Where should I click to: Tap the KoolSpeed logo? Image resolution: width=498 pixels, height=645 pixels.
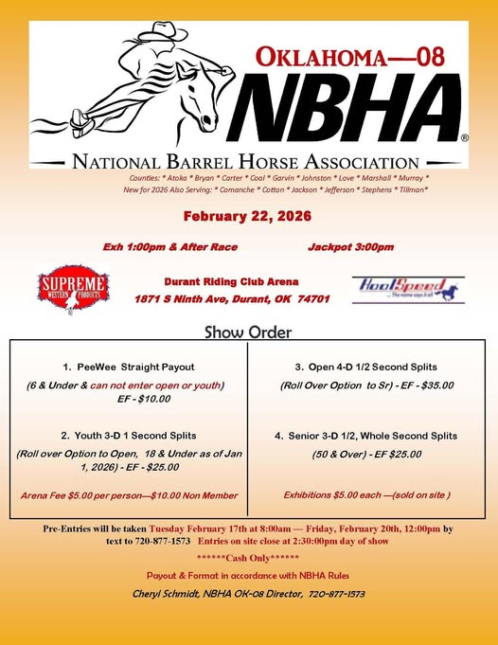pyautogui.click(x=406, y=288)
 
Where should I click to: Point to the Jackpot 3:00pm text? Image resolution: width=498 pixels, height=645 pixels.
pyautogui.click(x=350, y=246)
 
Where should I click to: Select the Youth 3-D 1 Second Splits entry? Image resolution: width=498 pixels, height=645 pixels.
pyautogui.click(x=129, y=435)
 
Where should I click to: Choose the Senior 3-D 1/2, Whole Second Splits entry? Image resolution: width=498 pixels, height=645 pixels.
pyautogui.click(x=366, y=436)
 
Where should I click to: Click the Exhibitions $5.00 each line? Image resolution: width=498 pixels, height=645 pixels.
pyautogui.click(x=366, y=494)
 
